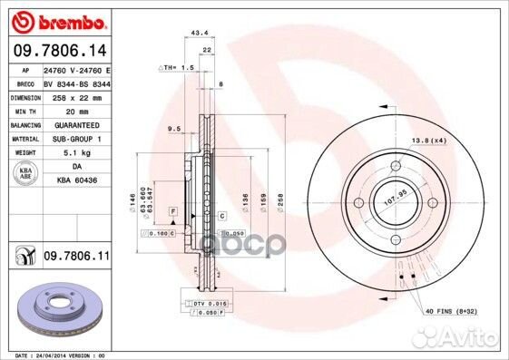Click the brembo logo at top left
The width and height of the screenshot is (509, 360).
click(x=56, y=21)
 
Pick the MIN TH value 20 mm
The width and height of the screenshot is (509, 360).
click(x=63, y=110)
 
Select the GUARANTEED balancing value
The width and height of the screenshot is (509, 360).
click(x=73, y=124)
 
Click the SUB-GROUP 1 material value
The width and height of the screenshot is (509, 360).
click(x=74, y=138)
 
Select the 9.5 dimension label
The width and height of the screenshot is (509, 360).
click(x=174, y=129)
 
